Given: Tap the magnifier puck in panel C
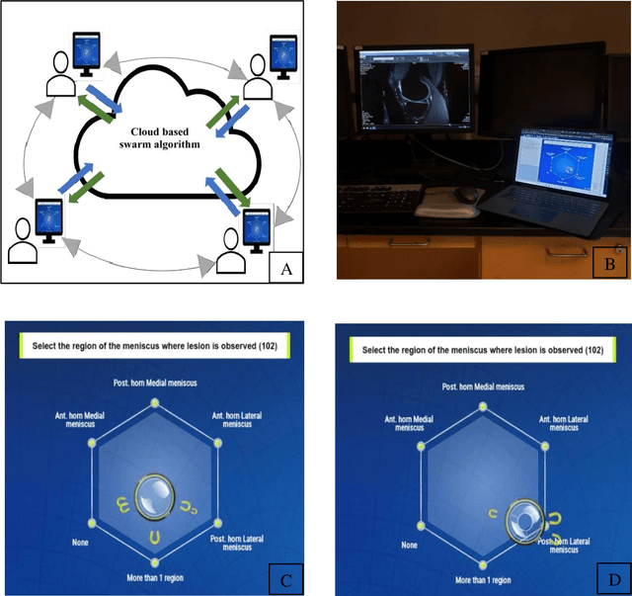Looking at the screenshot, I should tap(154, 494).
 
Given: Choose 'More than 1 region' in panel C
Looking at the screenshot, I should tap(156, 575).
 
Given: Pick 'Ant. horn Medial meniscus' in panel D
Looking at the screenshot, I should tap(407, 424).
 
